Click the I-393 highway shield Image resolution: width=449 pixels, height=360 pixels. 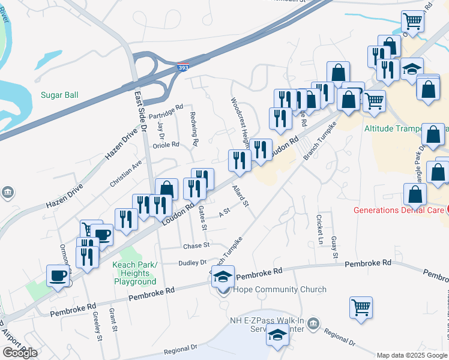184,68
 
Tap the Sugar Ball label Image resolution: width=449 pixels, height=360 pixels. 59,95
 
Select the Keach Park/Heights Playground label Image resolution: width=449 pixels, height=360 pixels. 134,273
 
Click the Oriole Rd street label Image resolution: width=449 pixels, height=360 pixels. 166,145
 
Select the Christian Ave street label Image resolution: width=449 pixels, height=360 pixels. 126,173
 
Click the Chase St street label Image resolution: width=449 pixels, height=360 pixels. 196,245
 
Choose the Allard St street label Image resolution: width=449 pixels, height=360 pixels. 241,197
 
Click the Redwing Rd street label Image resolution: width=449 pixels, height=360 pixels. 194,130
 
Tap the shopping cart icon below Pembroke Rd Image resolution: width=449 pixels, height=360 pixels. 361,307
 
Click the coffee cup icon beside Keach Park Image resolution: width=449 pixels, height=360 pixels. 58,276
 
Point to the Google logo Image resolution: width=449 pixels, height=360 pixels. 20,353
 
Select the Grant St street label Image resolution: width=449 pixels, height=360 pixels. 112,320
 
